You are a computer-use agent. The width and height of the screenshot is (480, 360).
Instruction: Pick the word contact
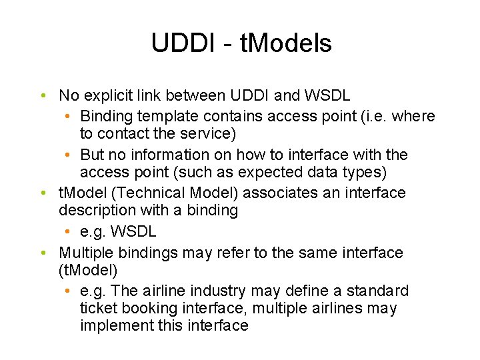click(123, 133)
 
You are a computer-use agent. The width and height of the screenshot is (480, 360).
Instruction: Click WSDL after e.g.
click(134, 231)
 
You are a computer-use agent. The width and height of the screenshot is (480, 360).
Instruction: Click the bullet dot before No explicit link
click(42, 96)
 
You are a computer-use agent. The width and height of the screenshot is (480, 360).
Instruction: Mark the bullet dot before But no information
click(69, 155)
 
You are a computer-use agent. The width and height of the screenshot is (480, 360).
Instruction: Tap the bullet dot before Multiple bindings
click(42, 253)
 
